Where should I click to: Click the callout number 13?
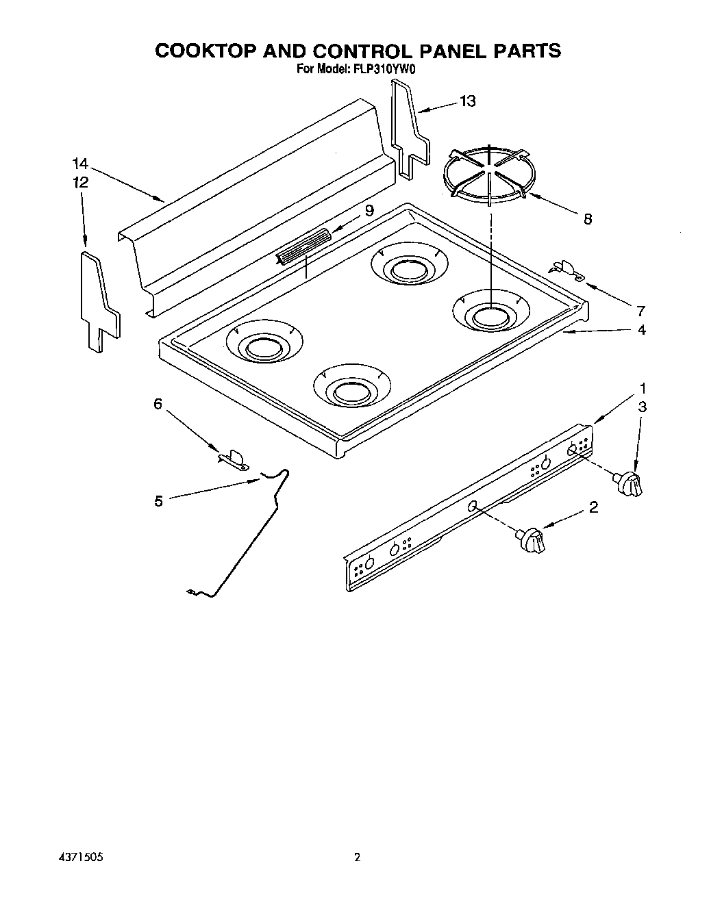point(467,101)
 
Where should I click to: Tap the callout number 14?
point(81,164)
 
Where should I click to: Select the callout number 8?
point(587,219)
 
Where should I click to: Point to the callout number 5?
point(158,501)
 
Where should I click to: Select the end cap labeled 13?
point(409,129)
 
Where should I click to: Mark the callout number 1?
point(643,387)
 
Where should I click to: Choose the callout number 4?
point(641,330)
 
